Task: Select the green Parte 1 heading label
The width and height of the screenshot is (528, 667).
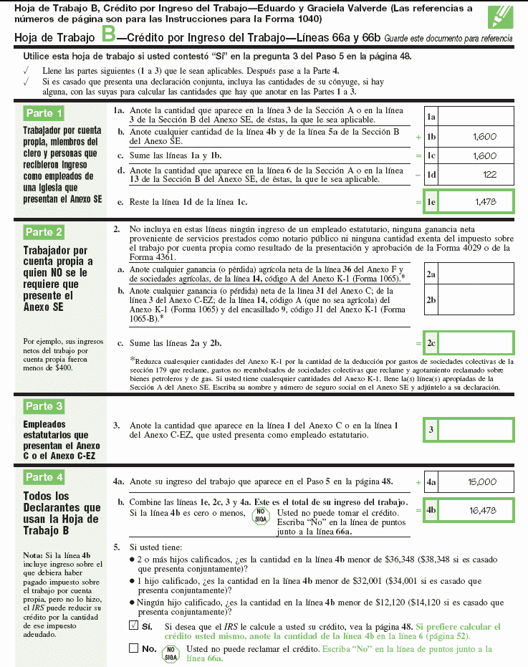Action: pyautogui.click(x=44, y=113)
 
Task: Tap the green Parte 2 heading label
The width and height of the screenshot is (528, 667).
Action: pyautogui.click(x=44, y=232)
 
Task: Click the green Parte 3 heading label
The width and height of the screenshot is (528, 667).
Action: pyautogui.click(x=44, y=406)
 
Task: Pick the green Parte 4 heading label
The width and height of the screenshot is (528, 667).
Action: pyautogui.click(x=44, y=477)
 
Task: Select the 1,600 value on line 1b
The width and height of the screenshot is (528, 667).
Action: pyautogui.click(x=484, y=136)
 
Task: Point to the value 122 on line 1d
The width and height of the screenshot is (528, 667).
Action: pyautogui.click(x=489, y=174)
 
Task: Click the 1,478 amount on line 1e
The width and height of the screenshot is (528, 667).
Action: pyautogui.click(x=485, y=203)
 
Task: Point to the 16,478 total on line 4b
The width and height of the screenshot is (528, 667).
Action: pyautogui.click(x=482, y=511)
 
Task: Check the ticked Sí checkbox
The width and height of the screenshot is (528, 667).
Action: pyautogui.click(x=133, y=625)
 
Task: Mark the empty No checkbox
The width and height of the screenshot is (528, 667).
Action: pyautogui.click(x=133, y=648)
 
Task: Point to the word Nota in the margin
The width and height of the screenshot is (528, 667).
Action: pyautogui.click(x=33, y=555)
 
